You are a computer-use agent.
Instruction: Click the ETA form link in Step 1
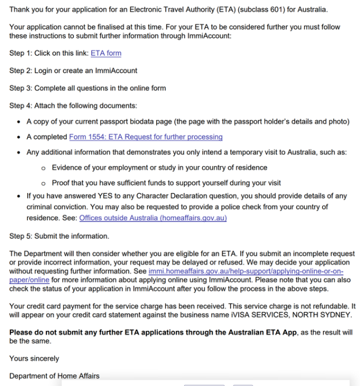point(106,53)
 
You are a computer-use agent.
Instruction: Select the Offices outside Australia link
point(153,218)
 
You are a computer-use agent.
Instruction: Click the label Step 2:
point(20,71)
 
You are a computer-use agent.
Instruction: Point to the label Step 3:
point(20,88)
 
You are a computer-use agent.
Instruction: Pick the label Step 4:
point(20,105)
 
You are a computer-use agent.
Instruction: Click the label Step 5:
point(20,235)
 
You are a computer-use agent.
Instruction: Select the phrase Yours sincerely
point(34,359)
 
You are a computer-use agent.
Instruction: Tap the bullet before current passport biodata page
point(19,121)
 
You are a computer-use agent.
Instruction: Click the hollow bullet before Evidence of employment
point(44,168)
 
